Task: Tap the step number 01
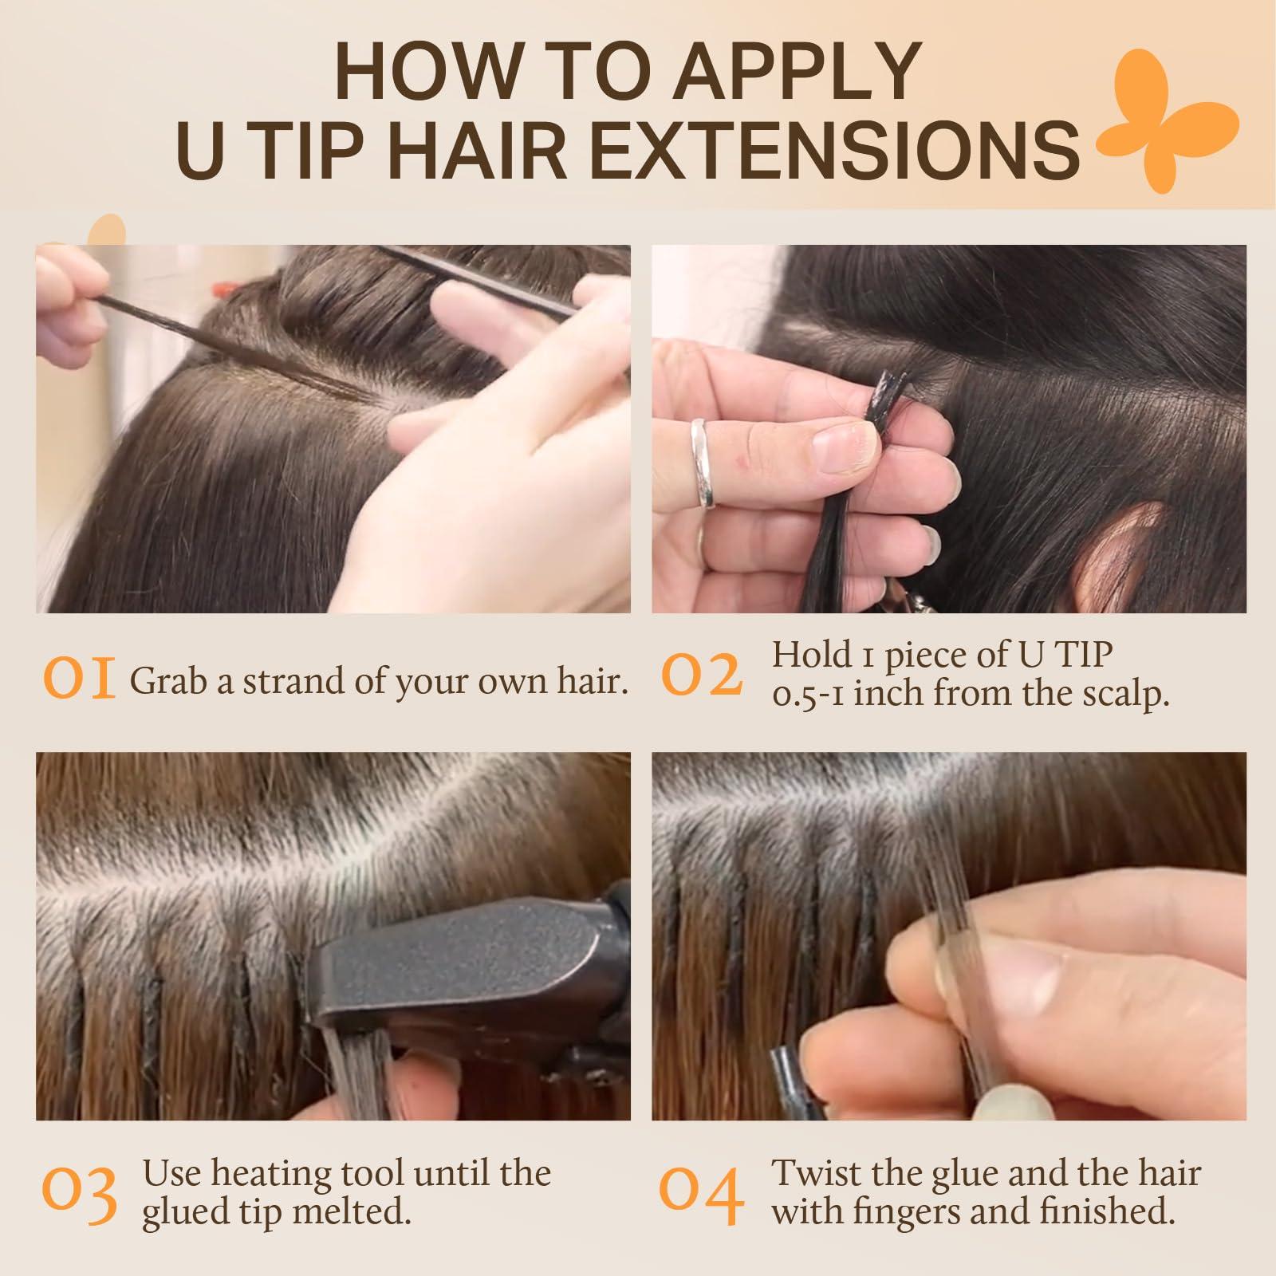pyautogui.click(x=80, y=680)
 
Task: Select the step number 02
pyautogui.click(x=702, y=675)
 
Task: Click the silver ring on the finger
pyautogui.click(x=703, y=463)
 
